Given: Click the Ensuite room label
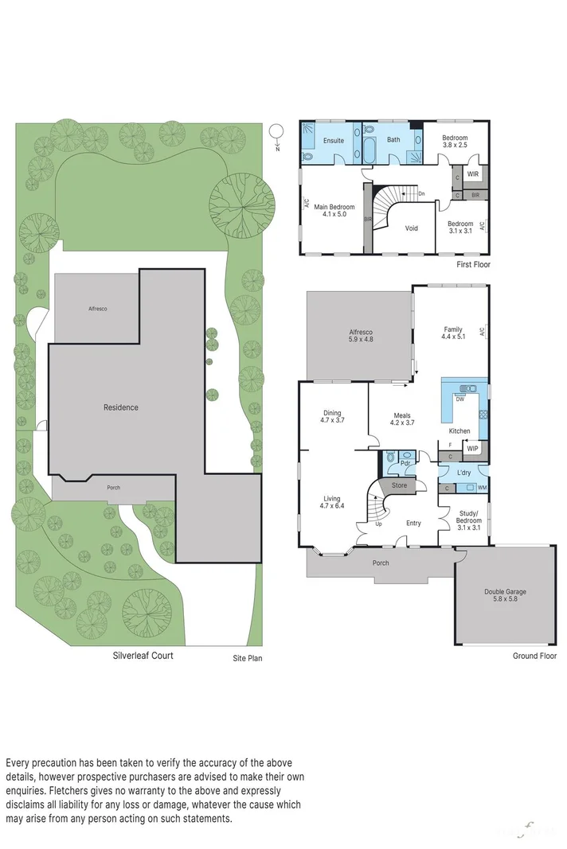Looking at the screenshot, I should [333, 141].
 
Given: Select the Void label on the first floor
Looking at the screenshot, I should [411, 228].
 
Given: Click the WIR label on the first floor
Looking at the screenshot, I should [472, 173].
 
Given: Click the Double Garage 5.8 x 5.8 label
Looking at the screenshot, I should [506, 596].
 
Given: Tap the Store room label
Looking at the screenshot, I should [398, 485].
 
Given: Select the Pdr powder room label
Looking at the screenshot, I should [405, 463].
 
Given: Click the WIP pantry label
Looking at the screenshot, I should [472, 450].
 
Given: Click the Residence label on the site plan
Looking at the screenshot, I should [120, 407].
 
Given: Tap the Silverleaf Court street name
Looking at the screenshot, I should [143, 656].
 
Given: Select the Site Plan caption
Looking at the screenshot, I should [247, 658].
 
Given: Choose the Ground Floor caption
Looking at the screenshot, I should [535, 656].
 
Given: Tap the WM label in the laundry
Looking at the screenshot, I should [482, 487].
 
